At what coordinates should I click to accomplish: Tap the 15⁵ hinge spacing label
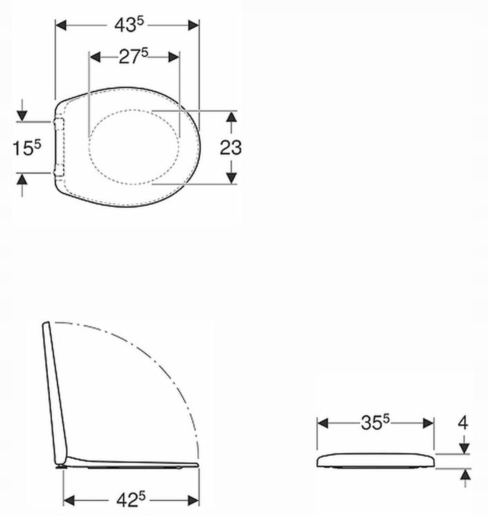(27, 148)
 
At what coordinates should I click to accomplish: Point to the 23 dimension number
(230, 147)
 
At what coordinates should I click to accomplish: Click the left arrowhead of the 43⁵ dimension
(61, 25)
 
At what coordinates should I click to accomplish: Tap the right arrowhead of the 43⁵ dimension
(194, 25)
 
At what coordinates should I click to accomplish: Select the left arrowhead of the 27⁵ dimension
(95, 57)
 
